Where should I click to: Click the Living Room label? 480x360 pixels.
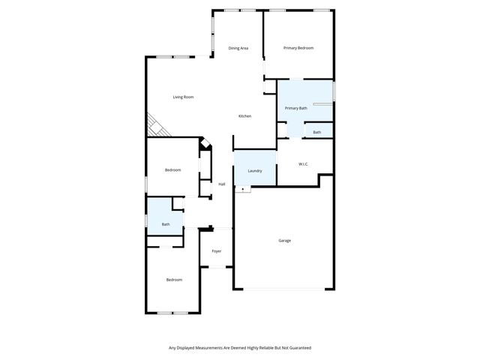pyautogui.click(x=183, y=97)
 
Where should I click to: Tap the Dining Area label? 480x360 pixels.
pyautogui.click(x=238, y=48)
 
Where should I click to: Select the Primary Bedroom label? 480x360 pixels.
pyautogui.click(x=298, y=48)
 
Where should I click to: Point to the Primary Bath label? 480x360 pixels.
pyautogui.click(x=295, y=108)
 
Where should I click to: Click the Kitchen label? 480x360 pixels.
pyautogui.click(x=244, y=115)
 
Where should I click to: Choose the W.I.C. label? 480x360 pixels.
pyautogui.click(x=304, y=163)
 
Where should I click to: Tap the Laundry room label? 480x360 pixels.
pyautogui.click(x=255, y=170)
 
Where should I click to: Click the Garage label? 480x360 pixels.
pyautogui.click(x=284, y=240)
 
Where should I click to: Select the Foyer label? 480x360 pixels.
pyautogui.click(x=216, y=250)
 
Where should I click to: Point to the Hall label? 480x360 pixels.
pyautogui.click(x=222, y=184)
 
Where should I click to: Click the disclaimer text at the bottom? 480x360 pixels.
pyautogui.click(x=240, y=347)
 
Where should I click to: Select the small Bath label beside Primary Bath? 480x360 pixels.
pyautogui.click(x=317, y=133)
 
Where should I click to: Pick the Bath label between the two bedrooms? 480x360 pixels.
pyautogui.click(x=166, y=224)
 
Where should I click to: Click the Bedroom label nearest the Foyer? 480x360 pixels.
pyautogui.click(x=174, y=280)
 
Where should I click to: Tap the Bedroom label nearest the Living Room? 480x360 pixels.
pyautogui.click(x=172, y=169)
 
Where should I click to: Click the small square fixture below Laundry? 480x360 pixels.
pyautogui.click(x=242, y=189)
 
